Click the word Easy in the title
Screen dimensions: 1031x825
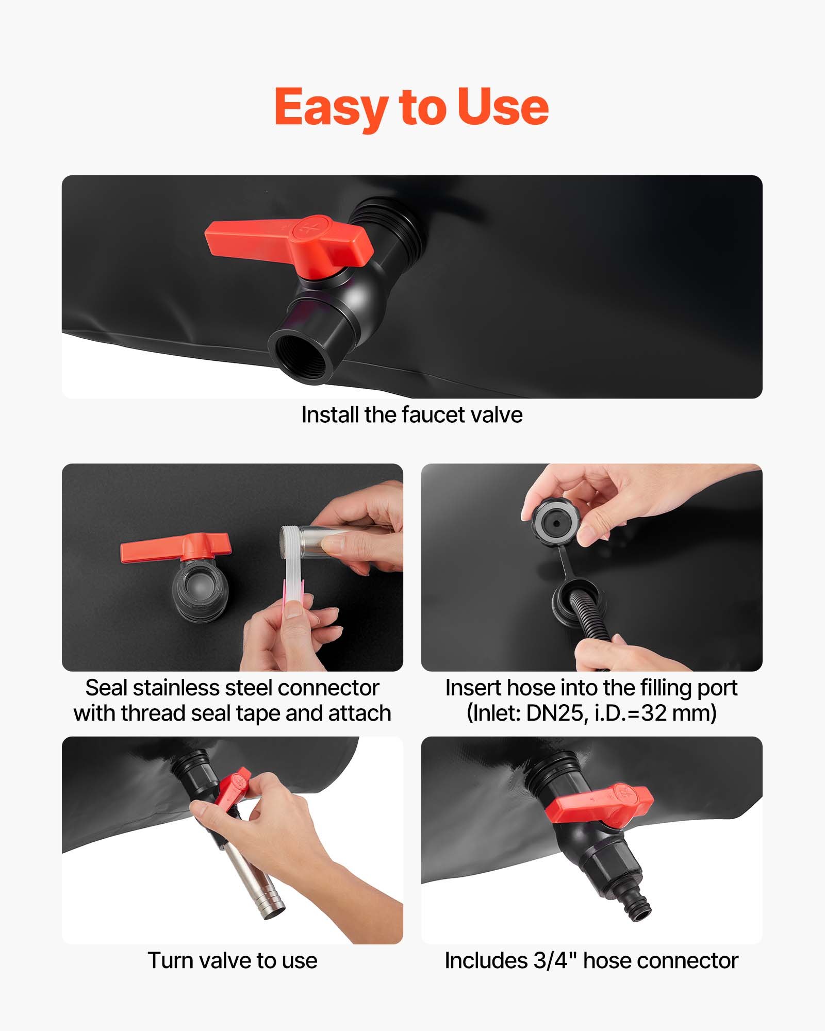pyautogui.click(x=330, y=107)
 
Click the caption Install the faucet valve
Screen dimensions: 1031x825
pyautogui.click(x=411, y=415)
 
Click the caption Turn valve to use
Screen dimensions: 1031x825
pyautogui.click(x=232, y=961)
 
